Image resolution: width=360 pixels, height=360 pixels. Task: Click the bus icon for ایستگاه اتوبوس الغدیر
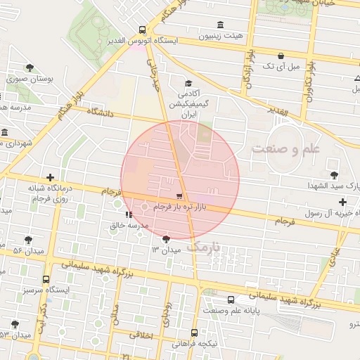pos(143,30)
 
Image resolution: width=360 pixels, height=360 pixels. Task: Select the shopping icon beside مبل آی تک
pos(281,56)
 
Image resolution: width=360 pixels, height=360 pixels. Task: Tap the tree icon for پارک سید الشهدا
pos(333,174)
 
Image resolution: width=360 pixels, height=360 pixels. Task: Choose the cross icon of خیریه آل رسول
pos(342,202)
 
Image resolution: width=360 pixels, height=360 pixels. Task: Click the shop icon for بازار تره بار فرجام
pos(179,197)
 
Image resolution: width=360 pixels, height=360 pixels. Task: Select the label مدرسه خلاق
pos(129,225)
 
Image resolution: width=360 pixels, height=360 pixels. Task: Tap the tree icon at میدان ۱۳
pos(166,239)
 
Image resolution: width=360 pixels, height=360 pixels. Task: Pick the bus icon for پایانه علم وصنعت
pos(231,300)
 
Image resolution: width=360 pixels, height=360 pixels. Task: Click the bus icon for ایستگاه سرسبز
pos(46,279)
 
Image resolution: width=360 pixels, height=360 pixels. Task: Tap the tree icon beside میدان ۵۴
pos(29,240)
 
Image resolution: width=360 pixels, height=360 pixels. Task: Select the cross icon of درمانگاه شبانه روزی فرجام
pos(49,179)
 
